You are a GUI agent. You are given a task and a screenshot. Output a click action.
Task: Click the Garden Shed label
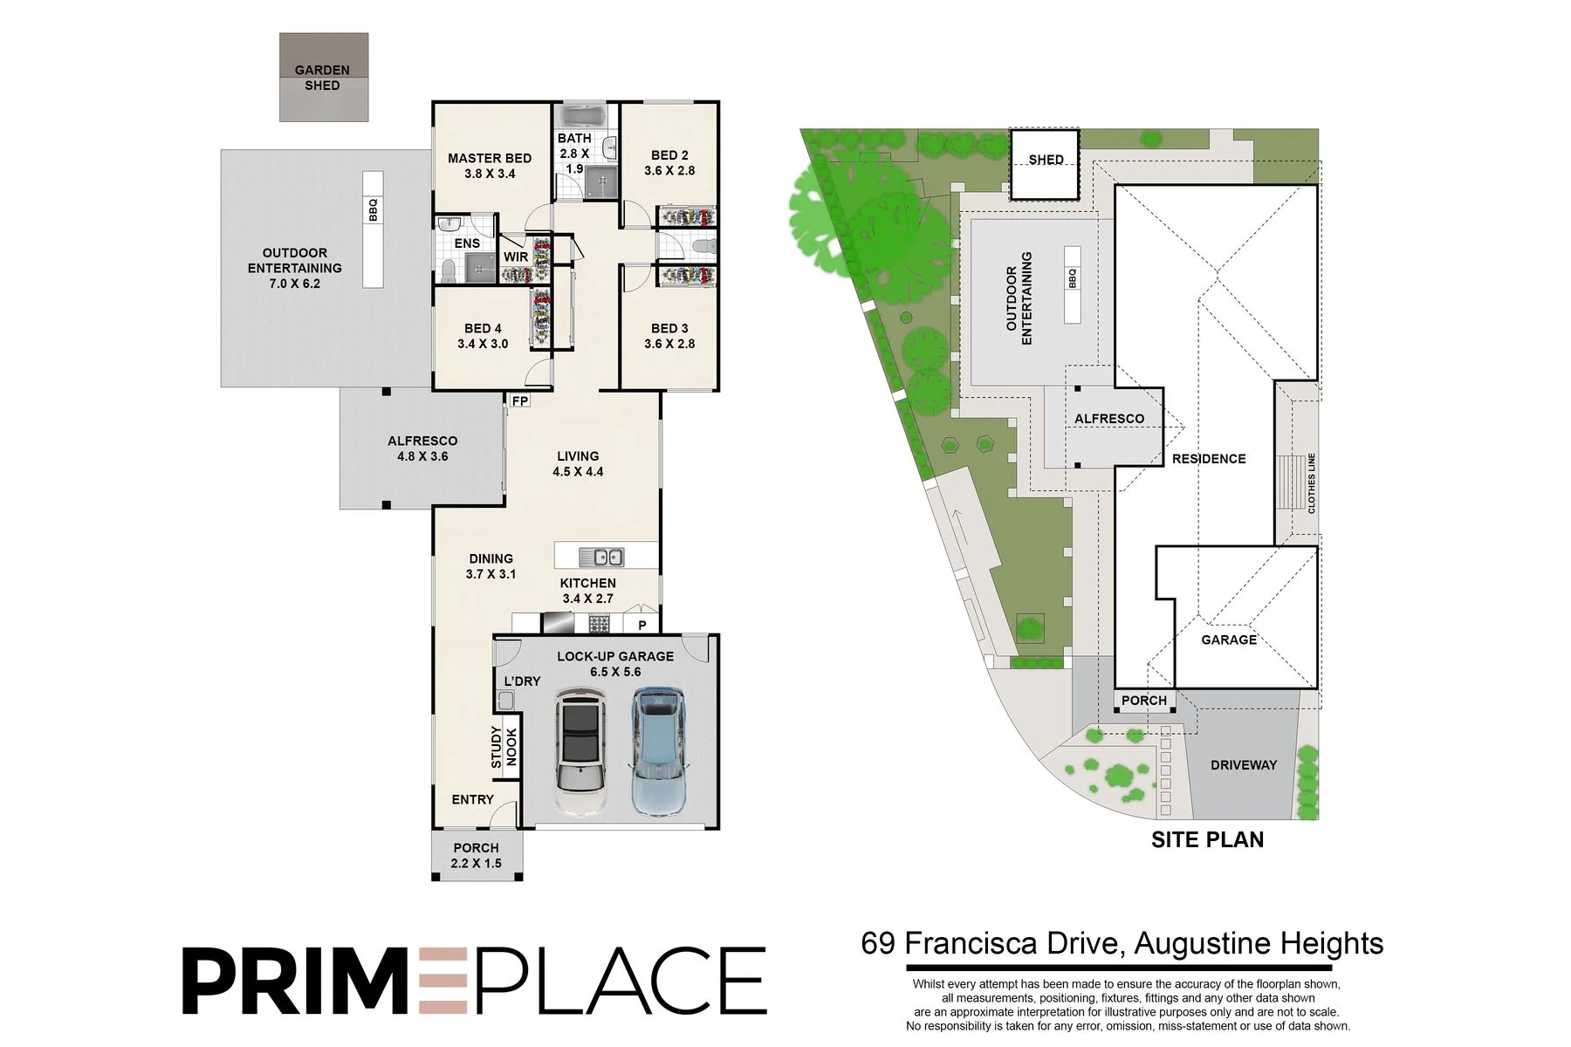(322, 78)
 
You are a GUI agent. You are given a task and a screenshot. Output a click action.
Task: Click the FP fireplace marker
(520, 401)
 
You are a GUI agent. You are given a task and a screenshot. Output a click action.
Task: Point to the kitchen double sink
(601, 556)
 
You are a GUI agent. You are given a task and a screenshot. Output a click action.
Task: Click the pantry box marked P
(642, 625)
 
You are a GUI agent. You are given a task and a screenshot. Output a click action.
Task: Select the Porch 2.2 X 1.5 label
(477, 855)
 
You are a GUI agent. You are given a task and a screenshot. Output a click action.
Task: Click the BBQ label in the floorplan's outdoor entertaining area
(374, 210)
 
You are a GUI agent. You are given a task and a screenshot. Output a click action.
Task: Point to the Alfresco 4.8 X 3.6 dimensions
(422, 456)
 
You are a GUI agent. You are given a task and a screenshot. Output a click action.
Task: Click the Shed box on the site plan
(1046, 165)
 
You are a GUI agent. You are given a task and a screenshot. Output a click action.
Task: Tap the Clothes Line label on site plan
(1311, 483)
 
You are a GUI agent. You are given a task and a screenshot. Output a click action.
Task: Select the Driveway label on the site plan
(1244, 765)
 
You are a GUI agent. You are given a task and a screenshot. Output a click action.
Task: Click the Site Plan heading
(1208, 839)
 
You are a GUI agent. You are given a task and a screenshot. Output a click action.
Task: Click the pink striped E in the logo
(444, 981)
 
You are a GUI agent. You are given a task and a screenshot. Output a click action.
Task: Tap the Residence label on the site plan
(1209, 459)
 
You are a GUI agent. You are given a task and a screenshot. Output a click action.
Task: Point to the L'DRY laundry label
(522, 681)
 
